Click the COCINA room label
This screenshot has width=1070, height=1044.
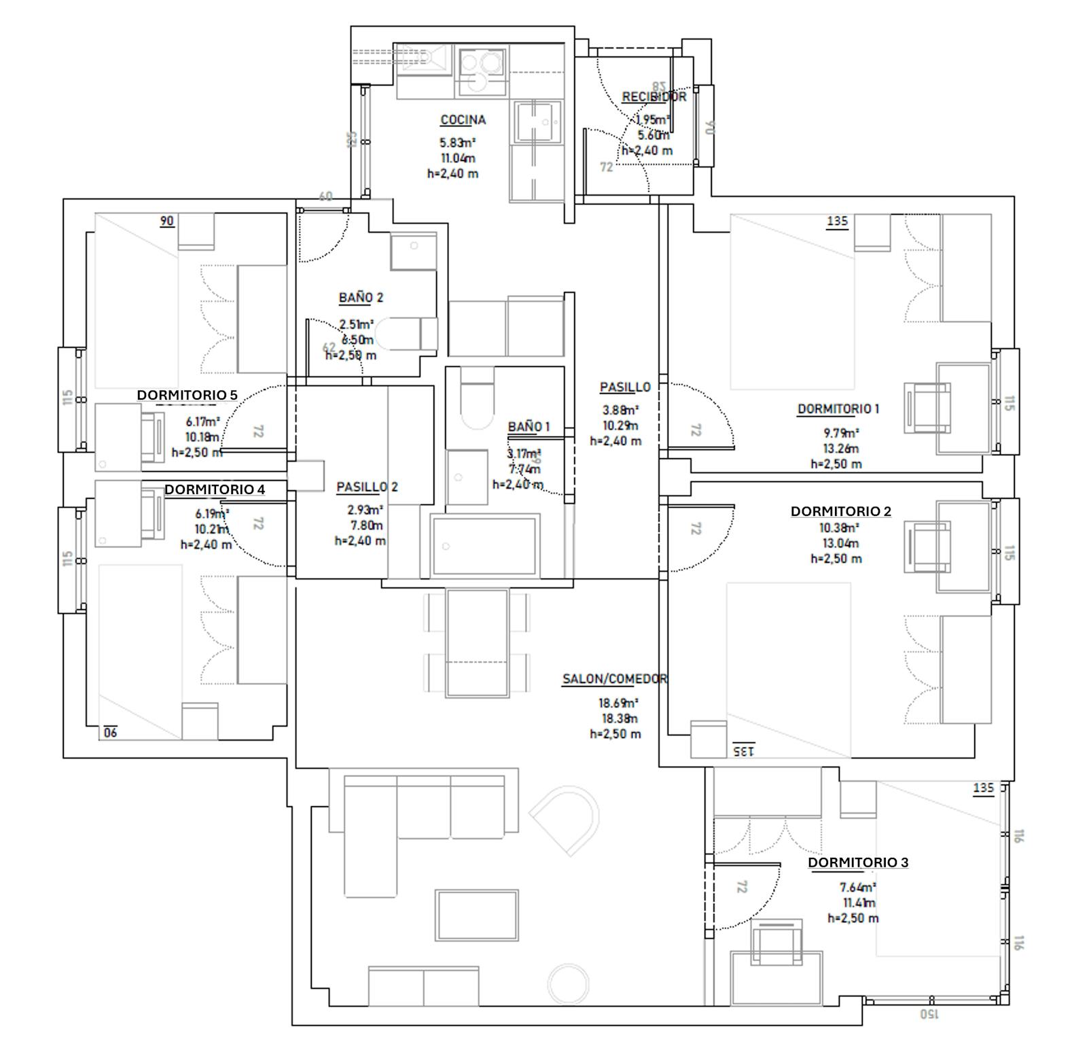[463, 120]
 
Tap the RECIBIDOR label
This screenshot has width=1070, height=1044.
[654, 97]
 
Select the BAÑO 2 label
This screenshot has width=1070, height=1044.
[361, 298]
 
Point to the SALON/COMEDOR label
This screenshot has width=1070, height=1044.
[614, 679]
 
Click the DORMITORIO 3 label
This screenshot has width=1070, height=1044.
[857, 863]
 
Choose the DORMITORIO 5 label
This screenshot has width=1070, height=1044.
[187, 395]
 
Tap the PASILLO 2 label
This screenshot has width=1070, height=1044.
[367, 487]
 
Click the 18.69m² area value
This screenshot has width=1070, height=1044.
[618, 703]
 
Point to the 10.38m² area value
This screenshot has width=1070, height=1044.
[840, 527]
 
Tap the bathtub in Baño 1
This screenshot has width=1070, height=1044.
[485, 545]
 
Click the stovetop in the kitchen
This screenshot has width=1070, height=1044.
[481, 71]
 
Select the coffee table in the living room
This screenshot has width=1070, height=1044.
[477, 915]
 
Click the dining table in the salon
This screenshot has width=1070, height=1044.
[477, 642]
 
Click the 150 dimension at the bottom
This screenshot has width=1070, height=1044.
[928, 1014]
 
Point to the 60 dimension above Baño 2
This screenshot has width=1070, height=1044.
[325, 196]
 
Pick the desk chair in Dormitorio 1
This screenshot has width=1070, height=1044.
[927, 407]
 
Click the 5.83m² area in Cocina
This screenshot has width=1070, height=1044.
[457, 143]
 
